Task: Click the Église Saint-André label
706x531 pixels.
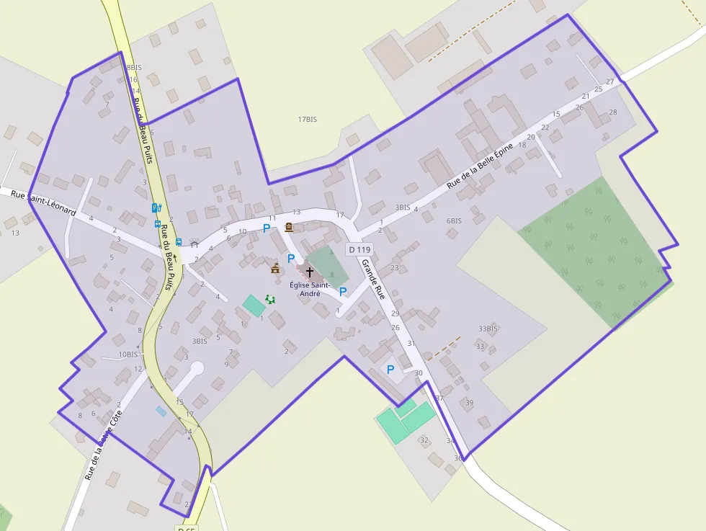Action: pos(310,289)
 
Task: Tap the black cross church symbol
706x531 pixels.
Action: pos(310,272)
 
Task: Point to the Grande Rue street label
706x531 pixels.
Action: pos(373,279)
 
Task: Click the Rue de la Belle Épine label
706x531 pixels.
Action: pos(480,166)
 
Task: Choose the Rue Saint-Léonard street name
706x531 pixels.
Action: pos(43,202)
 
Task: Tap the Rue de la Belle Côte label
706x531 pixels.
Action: pos(103,445)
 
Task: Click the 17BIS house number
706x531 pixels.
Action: pos(307,120)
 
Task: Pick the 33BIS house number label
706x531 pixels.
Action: pos(488,329)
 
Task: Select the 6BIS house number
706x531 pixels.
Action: pos(454,220)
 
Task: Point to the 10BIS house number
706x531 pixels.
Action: pos(128,354)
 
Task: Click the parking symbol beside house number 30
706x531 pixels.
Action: pos(390,370)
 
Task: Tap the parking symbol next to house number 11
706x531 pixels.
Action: pos(267,228)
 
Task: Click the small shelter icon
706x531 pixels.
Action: pos(193,243)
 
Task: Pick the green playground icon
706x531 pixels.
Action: pos(271,299)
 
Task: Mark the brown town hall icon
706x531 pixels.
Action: pos(275,269)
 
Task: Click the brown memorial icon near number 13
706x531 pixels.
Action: pos(289,228)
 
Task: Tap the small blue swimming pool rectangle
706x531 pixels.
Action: pos(161,411)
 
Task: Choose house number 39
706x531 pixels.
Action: pos(470,402)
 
